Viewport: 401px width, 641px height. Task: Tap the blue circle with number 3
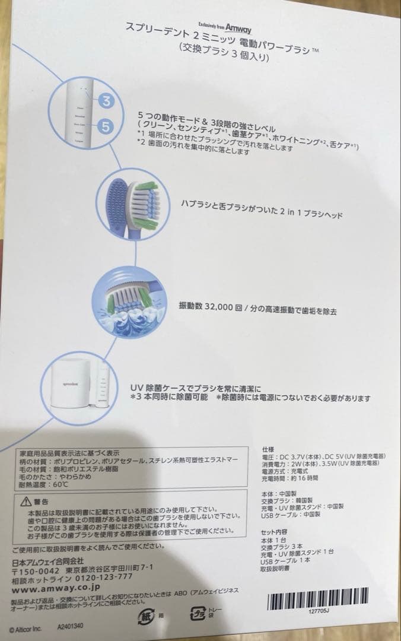(x=106, y=100)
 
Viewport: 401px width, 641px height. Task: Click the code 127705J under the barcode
(x=319, y=610)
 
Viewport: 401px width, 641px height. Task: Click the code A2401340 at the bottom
(x=70, y=626)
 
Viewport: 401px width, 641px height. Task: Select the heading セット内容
(x=274, y=532)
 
